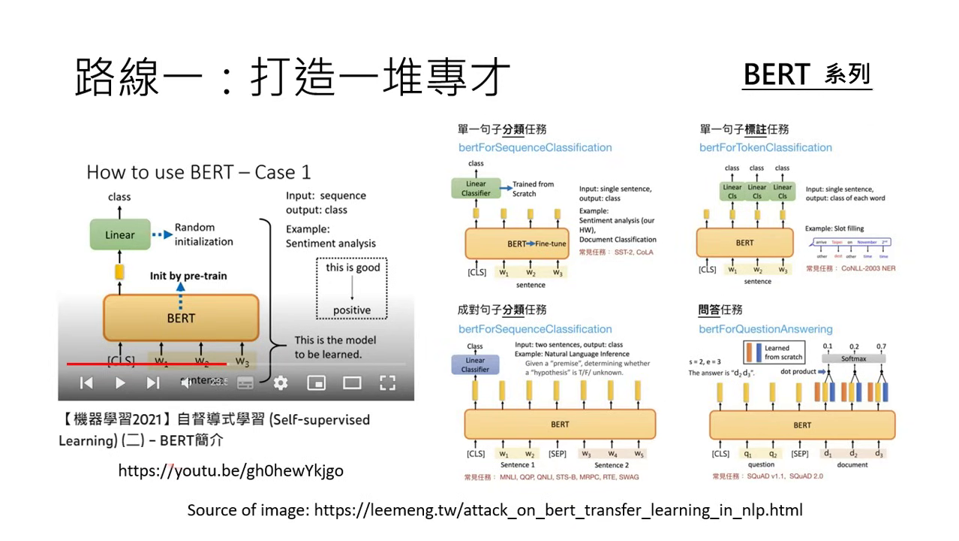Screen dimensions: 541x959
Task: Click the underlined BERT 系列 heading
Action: click(x=807, y=74)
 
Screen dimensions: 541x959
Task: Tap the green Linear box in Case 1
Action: click(x=120, y=234)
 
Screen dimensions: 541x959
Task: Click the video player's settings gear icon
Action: click(x=281, y=383)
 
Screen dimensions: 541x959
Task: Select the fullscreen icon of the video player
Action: click(x=387, y=383)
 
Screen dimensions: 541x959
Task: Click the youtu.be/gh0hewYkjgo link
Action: click(x=230, y=470)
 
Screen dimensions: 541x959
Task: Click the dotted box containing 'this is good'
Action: click(x=353, y=289)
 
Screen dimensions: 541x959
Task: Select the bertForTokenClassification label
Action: click(x=765, y=147)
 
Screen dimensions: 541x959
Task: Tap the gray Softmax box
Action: click(x=854, y=358)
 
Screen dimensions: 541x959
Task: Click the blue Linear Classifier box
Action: click(x=475, y=364)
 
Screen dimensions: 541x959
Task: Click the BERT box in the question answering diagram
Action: click(x=802, y=425)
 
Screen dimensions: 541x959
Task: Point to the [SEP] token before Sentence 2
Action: click(x=557, y=454)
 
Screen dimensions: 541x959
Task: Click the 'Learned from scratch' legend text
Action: click(x=783, y=352)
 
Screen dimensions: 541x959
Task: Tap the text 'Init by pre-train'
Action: click(x=188, y=276)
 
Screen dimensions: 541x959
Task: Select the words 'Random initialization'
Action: click(x=203, y=234)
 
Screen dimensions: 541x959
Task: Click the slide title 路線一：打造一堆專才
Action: click(x=293, y=77)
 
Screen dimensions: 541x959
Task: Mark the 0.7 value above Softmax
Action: click(x=881, y=346)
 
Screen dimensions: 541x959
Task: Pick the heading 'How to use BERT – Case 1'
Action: click(x=198, y=172)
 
